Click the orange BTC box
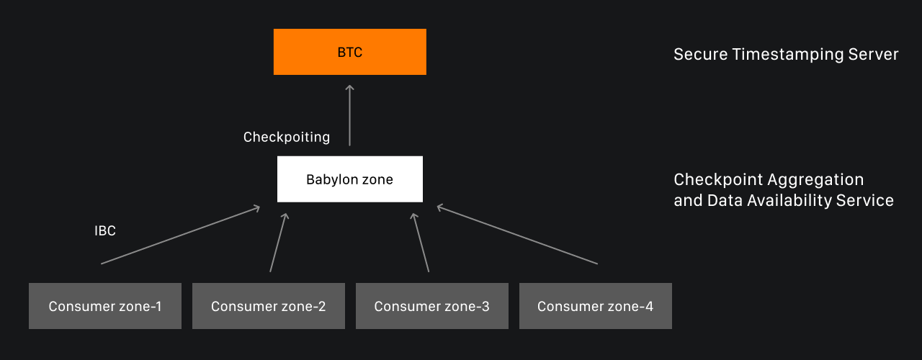click(349, 52)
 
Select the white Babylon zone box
click(349, 179)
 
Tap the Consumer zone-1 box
click(105, 306)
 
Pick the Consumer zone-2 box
click(268, 306)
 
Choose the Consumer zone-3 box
click(431, 306)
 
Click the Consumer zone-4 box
click(595, 306)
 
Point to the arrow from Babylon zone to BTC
click(350, 115)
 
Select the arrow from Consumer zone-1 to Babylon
click(180, 235)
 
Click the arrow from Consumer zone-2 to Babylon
click(278, 242)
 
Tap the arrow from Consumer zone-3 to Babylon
click(420, 242)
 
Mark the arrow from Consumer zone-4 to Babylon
click(516, 235)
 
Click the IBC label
click(105, 231)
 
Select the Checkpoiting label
click(287, 137)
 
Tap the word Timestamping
click(782, 55)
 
